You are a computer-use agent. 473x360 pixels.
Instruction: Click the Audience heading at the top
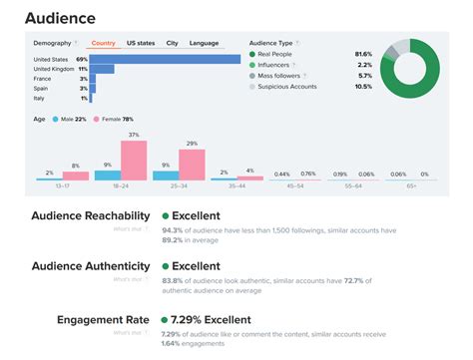(61, 17)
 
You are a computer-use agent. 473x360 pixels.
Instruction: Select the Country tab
(104, 43)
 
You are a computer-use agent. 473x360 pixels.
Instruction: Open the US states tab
(141, 43)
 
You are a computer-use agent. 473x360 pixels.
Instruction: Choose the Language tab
(205, 43)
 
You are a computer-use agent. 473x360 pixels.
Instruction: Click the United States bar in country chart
(166, 59)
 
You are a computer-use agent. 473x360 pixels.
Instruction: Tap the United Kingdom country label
(54, 70)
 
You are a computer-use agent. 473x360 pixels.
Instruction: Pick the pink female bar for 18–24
(134, 160)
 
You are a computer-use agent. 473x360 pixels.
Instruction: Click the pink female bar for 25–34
(192, 165)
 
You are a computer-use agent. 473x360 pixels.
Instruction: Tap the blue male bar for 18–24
(107, 175)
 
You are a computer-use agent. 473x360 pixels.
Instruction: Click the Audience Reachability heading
(92, 215)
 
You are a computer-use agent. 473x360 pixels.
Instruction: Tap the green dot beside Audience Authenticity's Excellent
(166, 266)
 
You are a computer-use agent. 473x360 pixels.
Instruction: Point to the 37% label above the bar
(134, 135)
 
